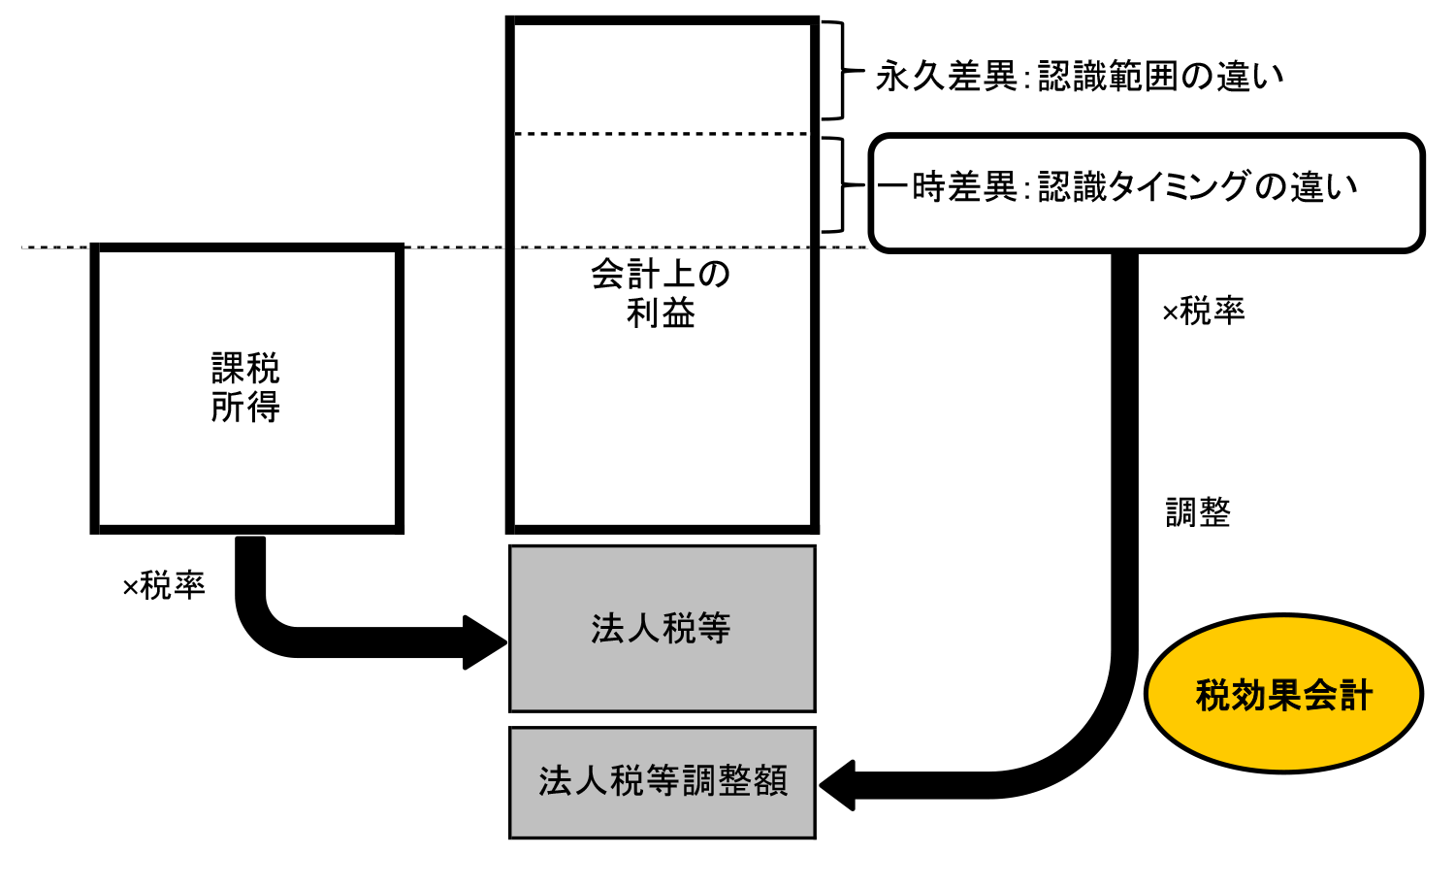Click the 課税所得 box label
coord(245,388)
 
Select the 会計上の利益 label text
coord(661,294)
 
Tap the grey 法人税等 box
coord(662,629)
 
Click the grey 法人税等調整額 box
coord(662,781)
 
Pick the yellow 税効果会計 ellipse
coord(1282,695)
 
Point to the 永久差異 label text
coord(946,77)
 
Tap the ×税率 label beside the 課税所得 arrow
coord(164,586)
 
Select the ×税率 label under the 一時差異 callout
coord(1203,312)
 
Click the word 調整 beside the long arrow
coord(1198,512)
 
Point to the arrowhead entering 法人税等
coord(485,642)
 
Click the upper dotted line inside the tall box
coord(662,134)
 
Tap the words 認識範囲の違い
coord(1160,77)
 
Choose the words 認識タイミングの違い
coord(1197,186)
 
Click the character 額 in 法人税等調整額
coord(770,781)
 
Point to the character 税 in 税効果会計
coord(1212,696)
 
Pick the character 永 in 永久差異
coord(892,77)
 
